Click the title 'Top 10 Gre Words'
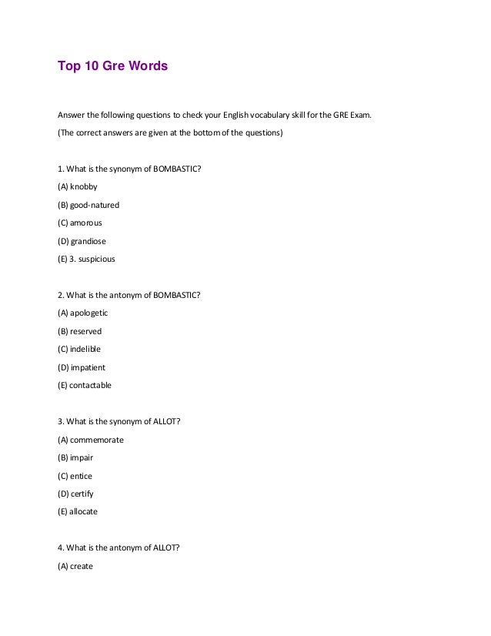click(112, 66)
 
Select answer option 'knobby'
click(83, 186)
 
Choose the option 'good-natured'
click(94, 205)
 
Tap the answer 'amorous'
click(85, 223)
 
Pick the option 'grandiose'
click(88, 241)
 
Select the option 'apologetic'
click(89, 313)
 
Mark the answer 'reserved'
click(85, 331)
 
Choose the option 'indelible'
click(85, 349)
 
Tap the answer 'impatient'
click(87, 367)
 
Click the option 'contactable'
click(90, 385)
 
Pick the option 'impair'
click(81, 457)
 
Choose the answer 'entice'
click(81, 476)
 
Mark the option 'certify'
click(82, 494)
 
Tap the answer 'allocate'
click(83, 511)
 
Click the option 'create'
click(81, 566)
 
